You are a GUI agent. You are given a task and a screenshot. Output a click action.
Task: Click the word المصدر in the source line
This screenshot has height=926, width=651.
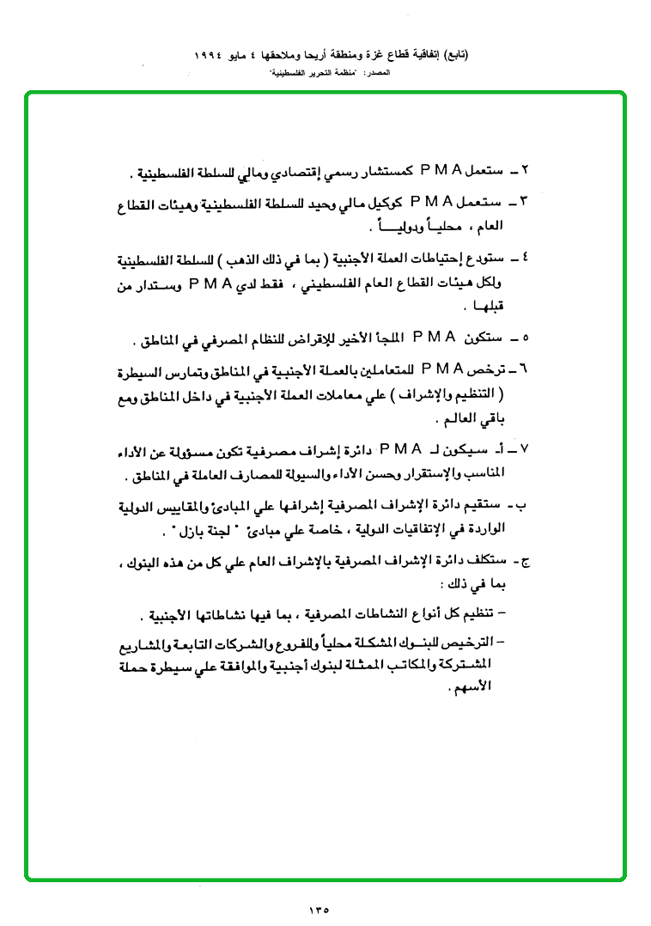point(378,76)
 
